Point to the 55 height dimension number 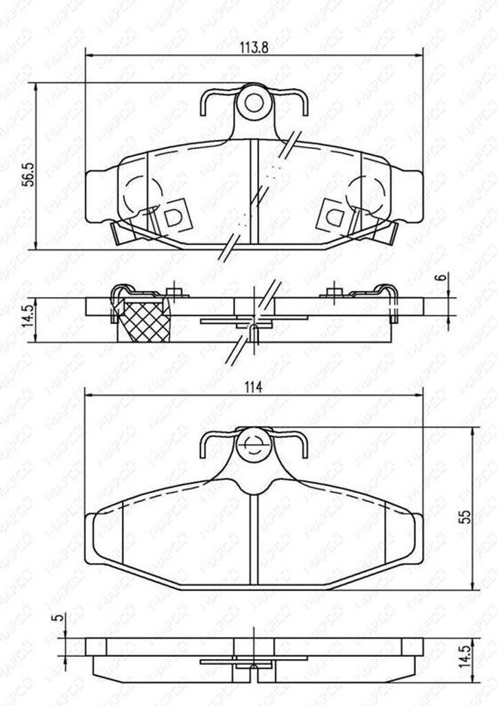click(466, 515)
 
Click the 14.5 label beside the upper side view click(26, 319)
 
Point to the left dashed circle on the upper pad click(143, 194)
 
